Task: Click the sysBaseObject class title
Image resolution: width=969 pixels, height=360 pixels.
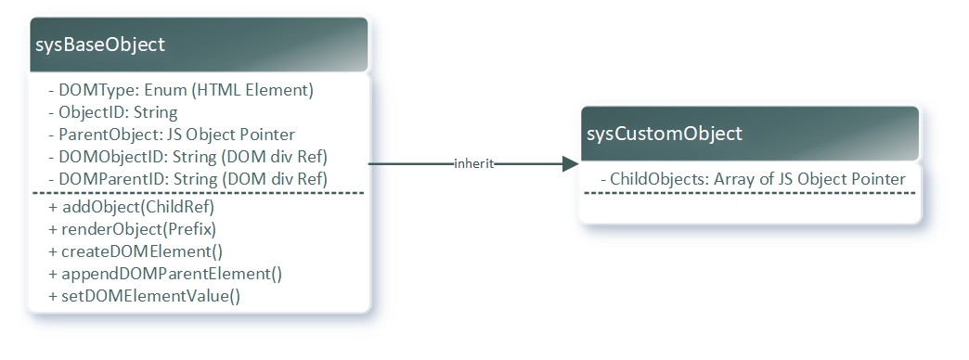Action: [99, 45]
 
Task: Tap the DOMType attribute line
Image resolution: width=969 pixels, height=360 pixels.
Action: [181, 91]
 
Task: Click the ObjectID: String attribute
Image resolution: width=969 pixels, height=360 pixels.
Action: [105, 112]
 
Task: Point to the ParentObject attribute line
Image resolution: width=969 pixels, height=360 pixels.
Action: [171, 134]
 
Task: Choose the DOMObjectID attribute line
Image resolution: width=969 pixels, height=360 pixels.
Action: [187, 155]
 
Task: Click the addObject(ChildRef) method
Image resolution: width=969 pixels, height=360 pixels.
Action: [131, 207]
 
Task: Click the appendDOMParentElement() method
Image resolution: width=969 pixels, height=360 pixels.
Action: [164, 274]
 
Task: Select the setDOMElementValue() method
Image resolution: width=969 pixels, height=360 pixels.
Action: [144, 296]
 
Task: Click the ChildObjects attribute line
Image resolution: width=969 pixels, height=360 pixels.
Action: [753, 178]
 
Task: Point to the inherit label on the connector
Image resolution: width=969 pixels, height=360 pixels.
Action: [473, 164]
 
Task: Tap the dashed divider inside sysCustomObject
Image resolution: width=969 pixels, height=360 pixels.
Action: [750, 193]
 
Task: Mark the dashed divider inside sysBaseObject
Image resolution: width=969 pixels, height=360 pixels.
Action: [198, 193]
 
